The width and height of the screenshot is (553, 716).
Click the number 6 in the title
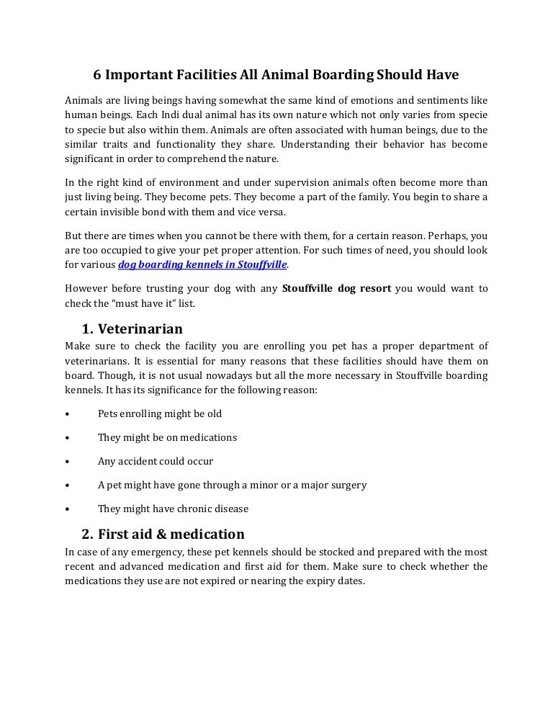(x=99, y=75)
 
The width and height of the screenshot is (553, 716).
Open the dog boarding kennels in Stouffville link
(x=202, y=264)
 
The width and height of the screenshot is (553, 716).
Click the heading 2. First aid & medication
(x=163, y=534)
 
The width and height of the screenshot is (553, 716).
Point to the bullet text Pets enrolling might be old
(x=160, y=414)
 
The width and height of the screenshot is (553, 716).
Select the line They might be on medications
(x=167, y=437)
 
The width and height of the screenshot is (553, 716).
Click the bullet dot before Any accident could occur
(x=67, y=462)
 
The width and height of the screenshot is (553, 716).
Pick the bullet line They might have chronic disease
(x=173, y=509)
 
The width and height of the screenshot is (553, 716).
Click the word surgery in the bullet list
(x=349, y=485)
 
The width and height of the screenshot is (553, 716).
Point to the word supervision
(x=276, y=182)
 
